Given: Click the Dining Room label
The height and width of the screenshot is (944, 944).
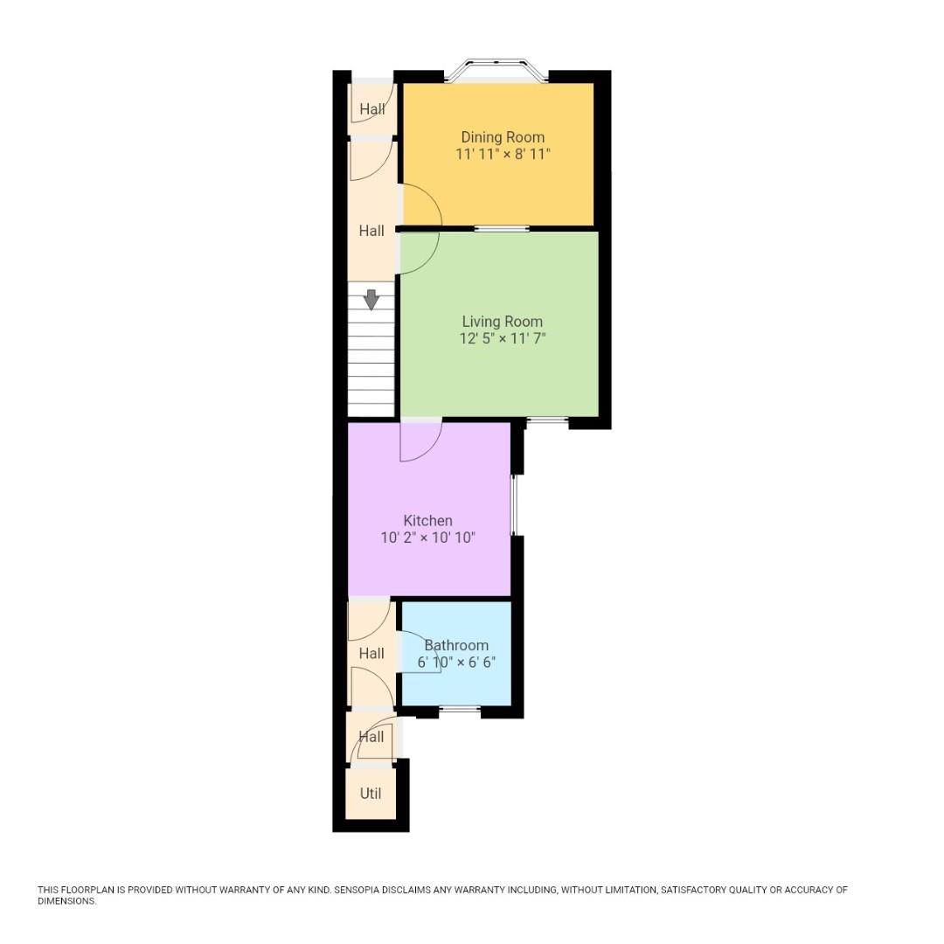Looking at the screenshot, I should point(503,137).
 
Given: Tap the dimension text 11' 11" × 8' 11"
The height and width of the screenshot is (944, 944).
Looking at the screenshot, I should point(503,154).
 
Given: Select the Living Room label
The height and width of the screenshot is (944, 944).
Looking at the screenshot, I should point(502,322).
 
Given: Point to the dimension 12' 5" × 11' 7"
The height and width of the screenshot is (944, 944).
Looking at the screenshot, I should point(503,338).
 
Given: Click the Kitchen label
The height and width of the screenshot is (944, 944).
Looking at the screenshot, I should point(427,521).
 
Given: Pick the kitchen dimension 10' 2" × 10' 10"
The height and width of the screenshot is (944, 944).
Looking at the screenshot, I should point(427,538).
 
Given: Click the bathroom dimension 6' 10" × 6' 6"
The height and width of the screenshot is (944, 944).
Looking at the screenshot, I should point(456,662).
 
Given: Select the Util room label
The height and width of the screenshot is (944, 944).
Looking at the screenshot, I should point(371,794).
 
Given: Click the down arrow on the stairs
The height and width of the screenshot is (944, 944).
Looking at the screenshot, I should point(371,300).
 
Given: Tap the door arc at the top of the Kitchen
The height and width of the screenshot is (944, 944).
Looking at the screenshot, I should point(420,441).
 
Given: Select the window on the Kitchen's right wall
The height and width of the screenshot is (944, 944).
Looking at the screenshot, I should point(514,505).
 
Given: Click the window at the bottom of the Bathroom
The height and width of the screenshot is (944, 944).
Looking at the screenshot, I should point(460,709).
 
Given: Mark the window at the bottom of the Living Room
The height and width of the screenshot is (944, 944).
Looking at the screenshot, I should point(548,421).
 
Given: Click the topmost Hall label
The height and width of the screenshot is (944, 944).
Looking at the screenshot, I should point(371,109).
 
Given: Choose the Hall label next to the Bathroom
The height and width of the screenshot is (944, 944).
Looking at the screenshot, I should point(371,654).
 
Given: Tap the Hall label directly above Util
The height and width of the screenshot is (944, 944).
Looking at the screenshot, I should point(371,737).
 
